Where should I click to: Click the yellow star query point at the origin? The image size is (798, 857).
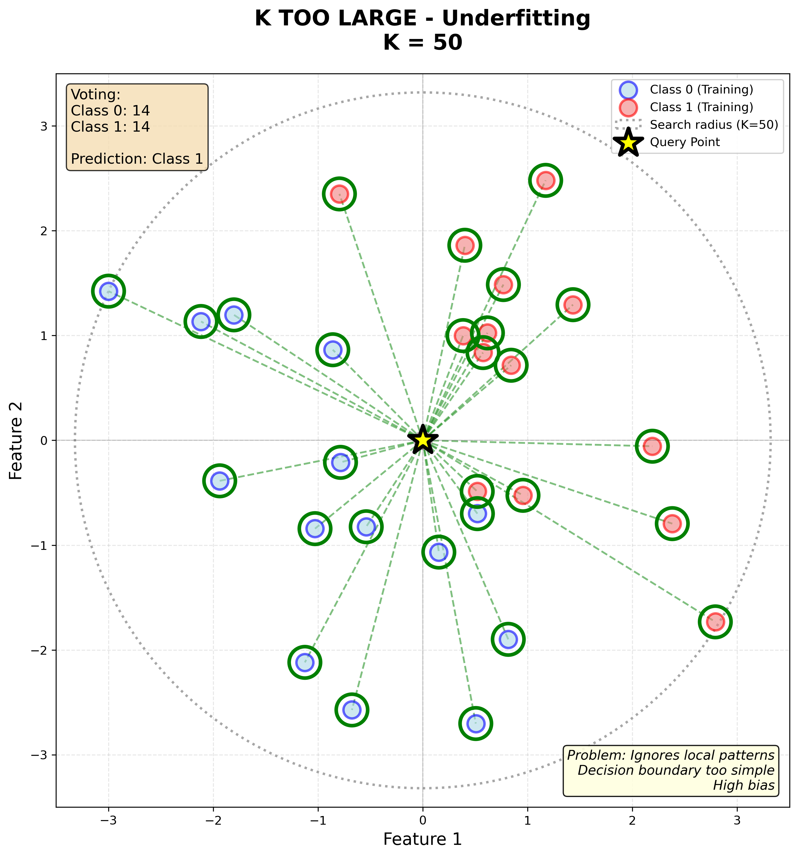423,440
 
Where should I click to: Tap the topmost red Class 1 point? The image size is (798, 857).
545,180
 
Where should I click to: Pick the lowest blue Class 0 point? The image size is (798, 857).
476,723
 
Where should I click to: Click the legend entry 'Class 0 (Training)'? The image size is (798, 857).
701,90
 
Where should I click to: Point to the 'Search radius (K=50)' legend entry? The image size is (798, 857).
713,125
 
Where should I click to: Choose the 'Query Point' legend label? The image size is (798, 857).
685,142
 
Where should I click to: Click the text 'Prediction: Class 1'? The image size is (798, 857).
137,159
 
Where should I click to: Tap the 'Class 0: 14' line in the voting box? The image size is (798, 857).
110,111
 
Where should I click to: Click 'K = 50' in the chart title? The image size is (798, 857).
423,43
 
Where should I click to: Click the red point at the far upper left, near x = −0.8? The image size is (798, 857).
339,194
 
